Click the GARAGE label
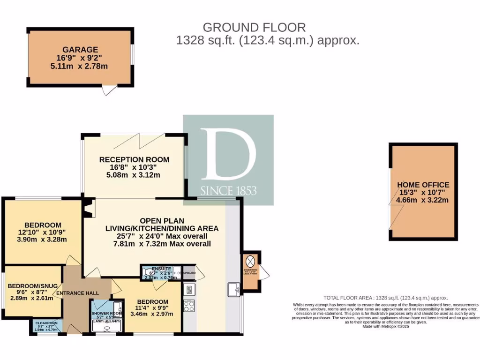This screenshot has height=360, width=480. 81,49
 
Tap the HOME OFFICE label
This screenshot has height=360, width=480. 423,185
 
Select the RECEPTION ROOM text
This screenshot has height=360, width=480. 134,159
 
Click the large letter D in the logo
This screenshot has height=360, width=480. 228,155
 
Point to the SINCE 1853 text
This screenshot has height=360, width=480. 228,191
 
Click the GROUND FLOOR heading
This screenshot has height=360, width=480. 254,27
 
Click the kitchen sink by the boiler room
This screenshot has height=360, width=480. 233,290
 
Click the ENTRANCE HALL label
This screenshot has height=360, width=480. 77,293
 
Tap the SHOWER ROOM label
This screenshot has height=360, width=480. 106,313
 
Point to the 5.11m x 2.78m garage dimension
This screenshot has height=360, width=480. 81,66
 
